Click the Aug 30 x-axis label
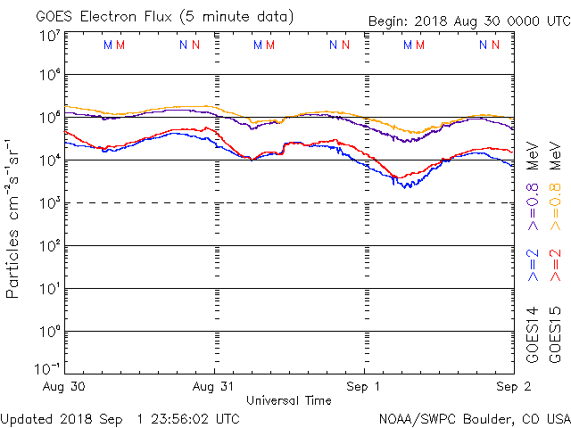click(x=63, y=387)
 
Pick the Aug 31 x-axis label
click(x=214, y=387)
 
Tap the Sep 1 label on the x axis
click(x=364, y=387)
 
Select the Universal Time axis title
click(x=288, y=400)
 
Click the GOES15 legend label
click(x=555, y=333)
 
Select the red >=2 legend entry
click(x=555, y=266)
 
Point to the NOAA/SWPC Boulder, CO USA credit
click(x=474, y=418)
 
